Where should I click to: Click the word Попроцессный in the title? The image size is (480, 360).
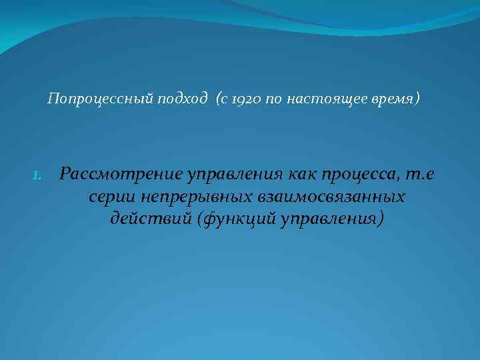tap(100, 100)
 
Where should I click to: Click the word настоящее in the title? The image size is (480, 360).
tap(319, 100)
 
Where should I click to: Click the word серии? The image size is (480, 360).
tap(107, 197)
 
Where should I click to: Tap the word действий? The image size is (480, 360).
tap(151, 219)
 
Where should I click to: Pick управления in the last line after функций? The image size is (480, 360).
tap(332, 219)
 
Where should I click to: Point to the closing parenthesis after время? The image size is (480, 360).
tap(419, 100)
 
